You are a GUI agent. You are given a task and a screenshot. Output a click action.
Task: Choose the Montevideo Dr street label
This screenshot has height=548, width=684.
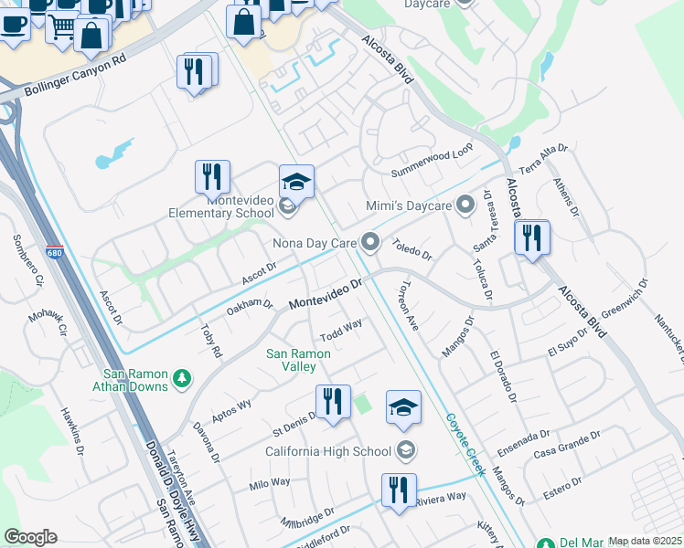click(x=326, y=294)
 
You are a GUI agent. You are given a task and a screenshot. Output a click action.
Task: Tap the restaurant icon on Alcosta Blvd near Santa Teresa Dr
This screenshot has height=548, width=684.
click(x=530, y=238)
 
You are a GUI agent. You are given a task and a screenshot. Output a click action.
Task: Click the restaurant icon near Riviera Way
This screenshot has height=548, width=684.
click(x=398, y=490)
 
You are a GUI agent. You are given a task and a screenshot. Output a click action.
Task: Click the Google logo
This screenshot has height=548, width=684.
click(x=30, y=536)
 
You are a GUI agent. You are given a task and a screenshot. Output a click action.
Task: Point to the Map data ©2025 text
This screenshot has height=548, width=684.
click(x=644, y=541)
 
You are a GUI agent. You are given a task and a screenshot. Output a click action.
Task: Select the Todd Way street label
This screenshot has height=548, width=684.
click(x=341, y=328)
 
